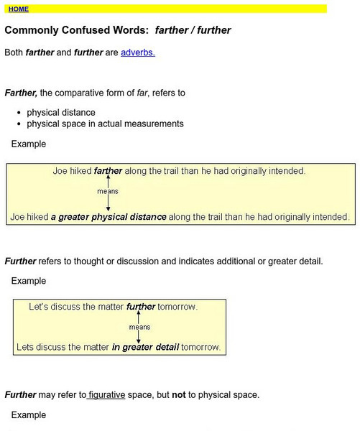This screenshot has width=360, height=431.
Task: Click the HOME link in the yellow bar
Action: pos(19,9)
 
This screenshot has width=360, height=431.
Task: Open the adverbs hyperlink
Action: pos(138,52)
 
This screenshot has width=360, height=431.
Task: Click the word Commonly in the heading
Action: pos(32,31)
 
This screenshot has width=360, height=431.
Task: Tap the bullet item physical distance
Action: pos(60,113)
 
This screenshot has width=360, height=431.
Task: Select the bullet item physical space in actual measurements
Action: pos(105,124)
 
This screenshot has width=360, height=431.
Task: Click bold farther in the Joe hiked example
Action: pos(109,172)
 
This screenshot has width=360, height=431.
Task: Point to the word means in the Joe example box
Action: pos(108,192)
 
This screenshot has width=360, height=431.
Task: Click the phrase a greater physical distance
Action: pos(109,216)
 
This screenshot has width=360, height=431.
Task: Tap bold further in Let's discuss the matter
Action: pos(141,307)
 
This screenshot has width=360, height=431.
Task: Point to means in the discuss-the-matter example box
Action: pos(139,327)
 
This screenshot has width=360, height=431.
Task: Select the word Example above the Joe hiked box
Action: pos(29,144)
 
